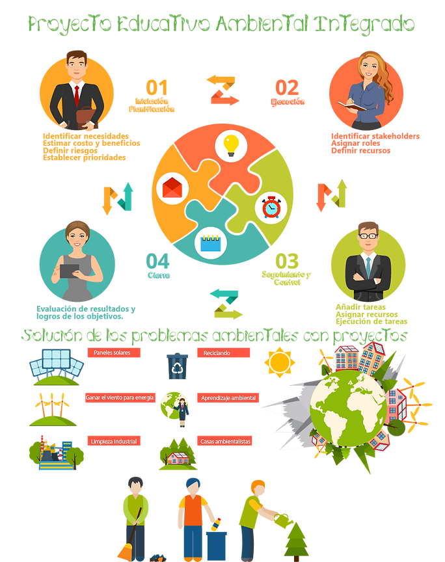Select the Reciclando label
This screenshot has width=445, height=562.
[223, 353]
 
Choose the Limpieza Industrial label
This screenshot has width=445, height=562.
[113, 441]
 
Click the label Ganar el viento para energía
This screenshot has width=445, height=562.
[120, 397]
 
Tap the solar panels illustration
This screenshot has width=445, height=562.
[56, 365]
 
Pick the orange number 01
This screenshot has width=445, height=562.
[157, 87]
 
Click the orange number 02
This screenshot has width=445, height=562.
[286, 87]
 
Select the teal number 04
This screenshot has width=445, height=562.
[157, 261]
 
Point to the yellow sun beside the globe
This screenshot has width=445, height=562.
[280, 362]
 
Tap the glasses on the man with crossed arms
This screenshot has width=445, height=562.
[368, 235]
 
